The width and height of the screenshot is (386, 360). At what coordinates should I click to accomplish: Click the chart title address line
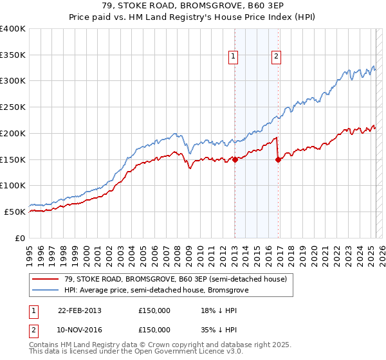pos(193,6)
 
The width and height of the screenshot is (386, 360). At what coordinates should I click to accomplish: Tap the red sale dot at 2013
pos(235,160)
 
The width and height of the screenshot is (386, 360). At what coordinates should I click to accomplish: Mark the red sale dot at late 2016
pos(278,160)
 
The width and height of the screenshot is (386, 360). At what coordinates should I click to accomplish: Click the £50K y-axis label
pos(15,212)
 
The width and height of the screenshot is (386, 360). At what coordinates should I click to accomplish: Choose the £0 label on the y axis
pos(21,238)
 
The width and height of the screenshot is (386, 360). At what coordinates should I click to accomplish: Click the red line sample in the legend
pos(45,279)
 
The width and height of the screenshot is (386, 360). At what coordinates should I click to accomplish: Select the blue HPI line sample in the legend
pos(45,290)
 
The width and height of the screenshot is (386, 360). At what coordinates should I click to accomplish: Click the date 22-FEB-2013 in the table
pos(80,310)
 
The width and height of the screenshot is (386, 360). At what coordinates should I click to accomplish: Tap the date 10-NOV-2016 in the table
pos(80,329)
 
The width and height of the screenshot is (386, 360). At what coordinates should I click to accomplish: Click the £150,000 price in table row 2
pos(154,329)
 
